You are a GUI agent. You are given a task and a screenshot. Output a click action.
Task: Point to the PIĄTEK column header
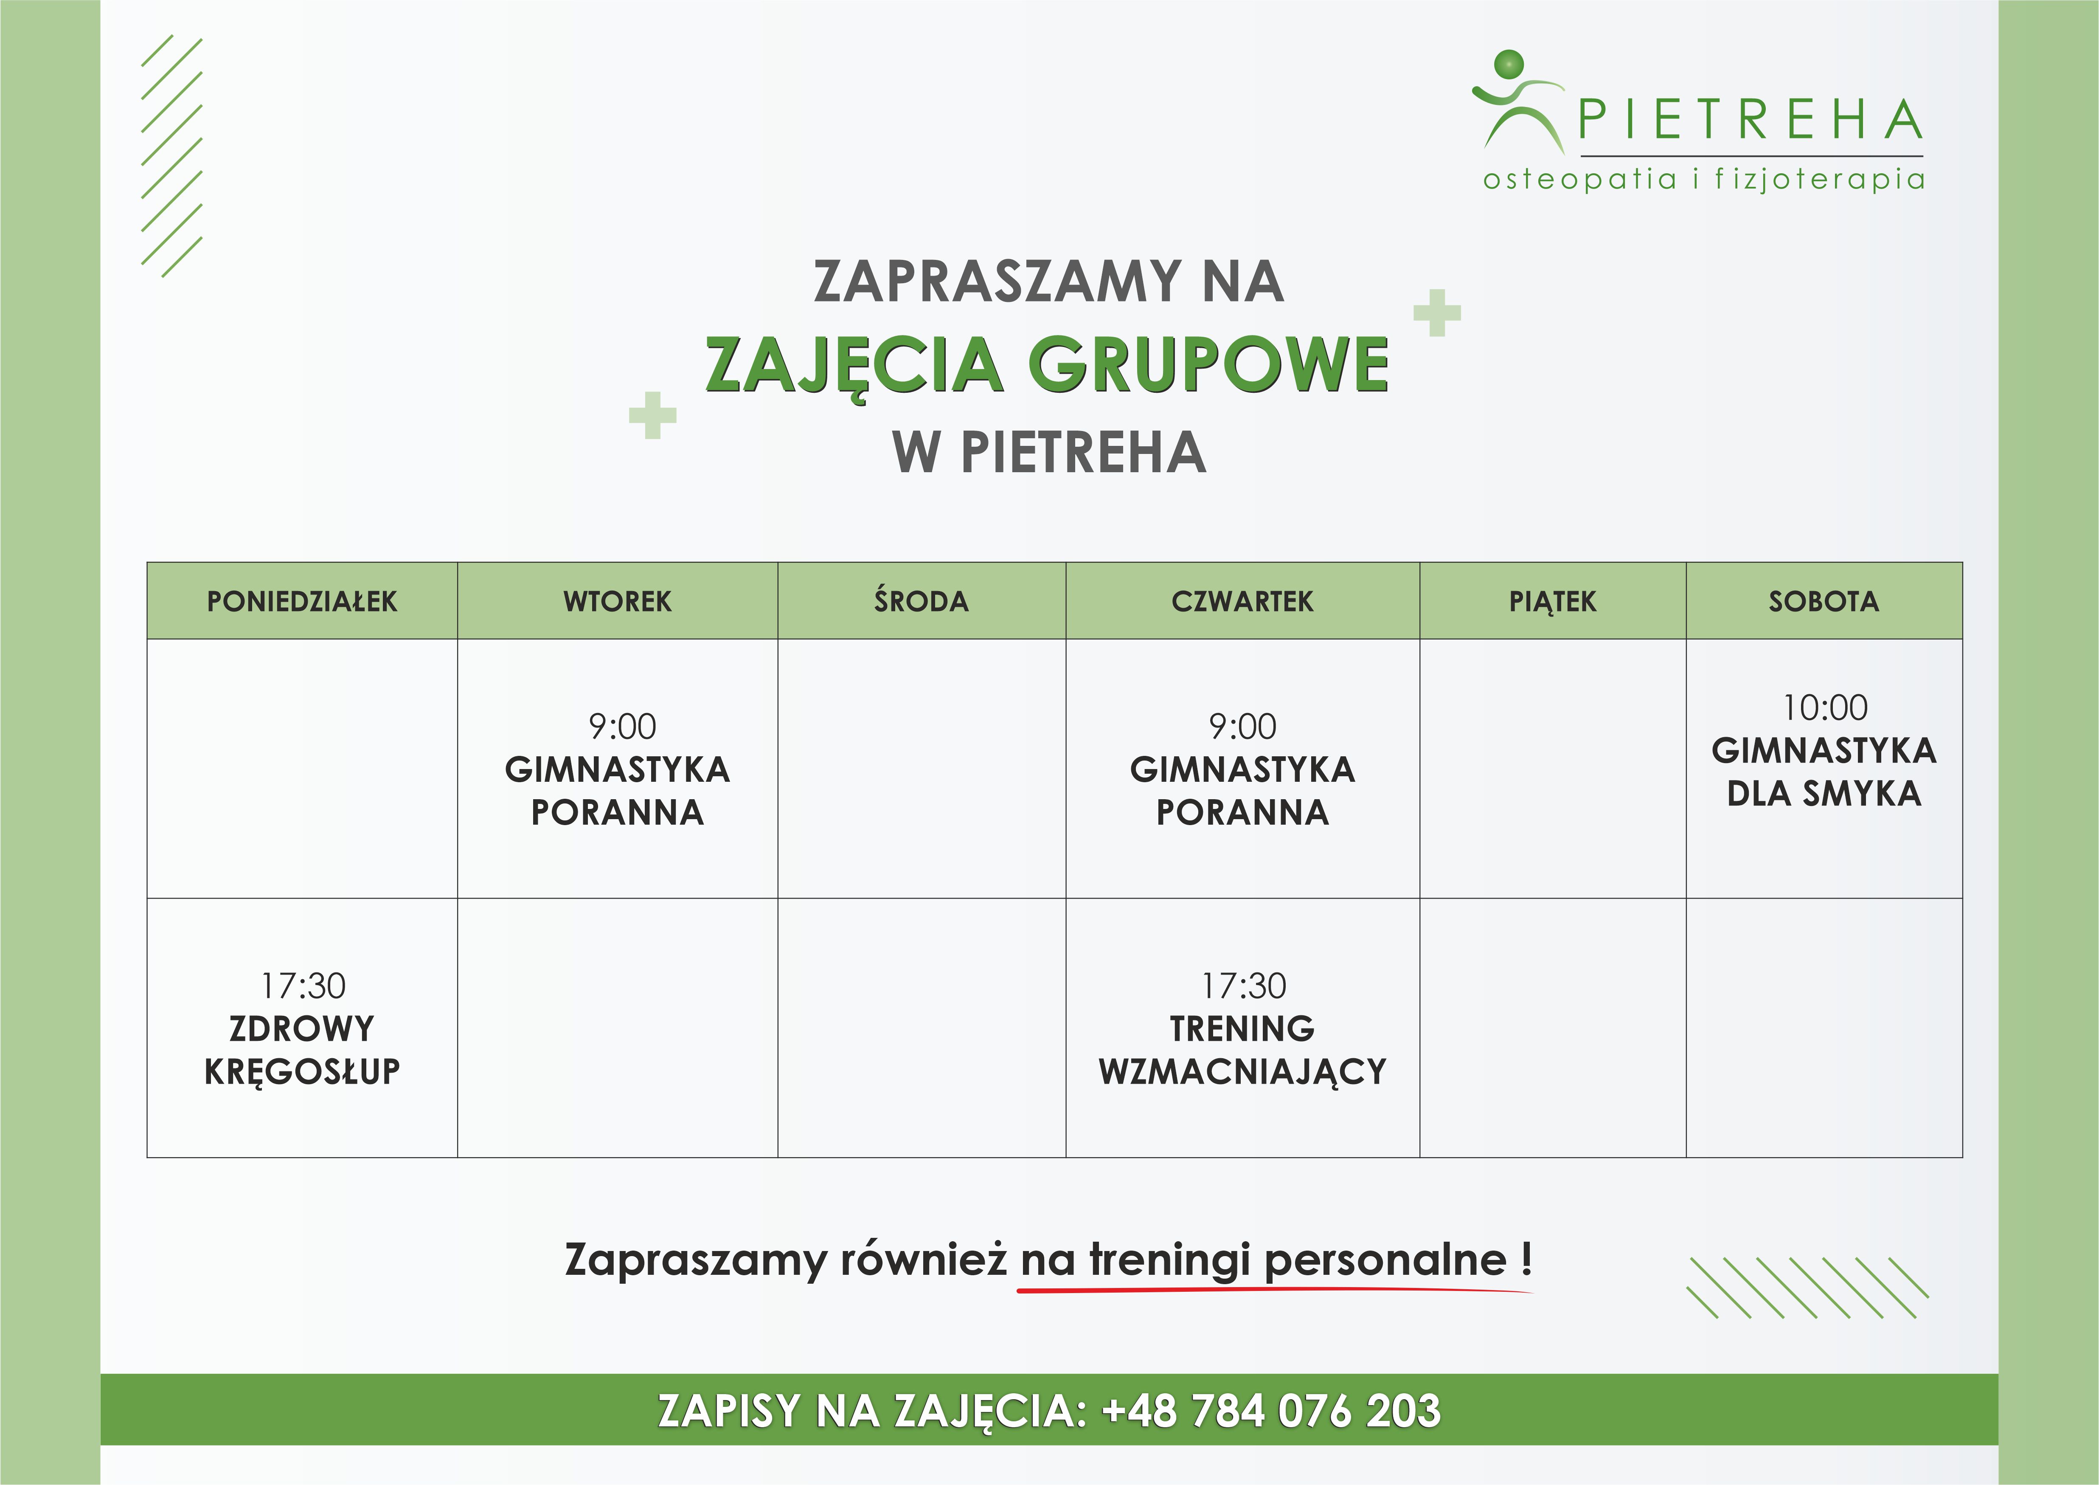pyautogui.click(x=1552, y=602)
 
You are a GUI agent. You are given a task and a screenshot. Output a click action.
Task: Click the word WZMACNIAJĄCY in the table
pyautogui.click(x=1242, y=1072)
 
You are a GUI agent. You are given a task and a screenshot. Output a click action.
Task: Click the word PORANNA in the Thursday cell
pyautogui.click(x=1242, y=812)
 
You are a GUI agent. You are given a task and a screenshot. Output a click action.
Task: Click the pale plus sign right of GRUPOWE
pyautogui.click(x=1437, y=313)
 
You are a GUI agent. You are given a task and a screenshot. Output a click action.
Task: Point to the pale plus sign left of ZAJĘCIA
pyautogui.click(x=653, y=415)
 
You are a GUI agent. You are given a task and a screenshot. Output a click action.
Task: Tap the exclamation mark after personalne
pyautogui.click(x=1526, y=1259)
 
